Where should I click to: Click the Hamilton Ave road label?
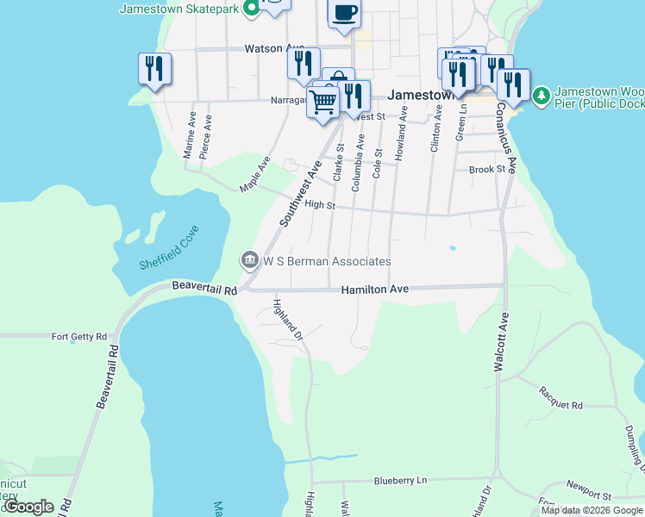pos(374,290)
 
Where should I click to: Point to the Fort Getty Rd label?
pos(79,337)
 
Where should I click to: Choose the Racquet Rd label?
pos(560,405)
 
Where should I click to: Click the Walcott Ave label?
pos(498,341)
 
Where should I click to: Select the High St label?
pos(319,205)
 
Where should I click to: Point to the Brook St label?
pos(486,170)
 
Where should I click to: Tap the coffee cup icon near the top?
pos(344,13)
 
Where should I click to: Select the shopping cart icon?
pos(323,102)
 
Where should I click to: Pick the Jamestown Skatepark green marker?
pos(251,9)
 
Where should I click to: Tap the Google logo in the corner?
pos(28,507)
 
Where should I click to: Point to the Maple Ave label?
pos(255,173)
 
